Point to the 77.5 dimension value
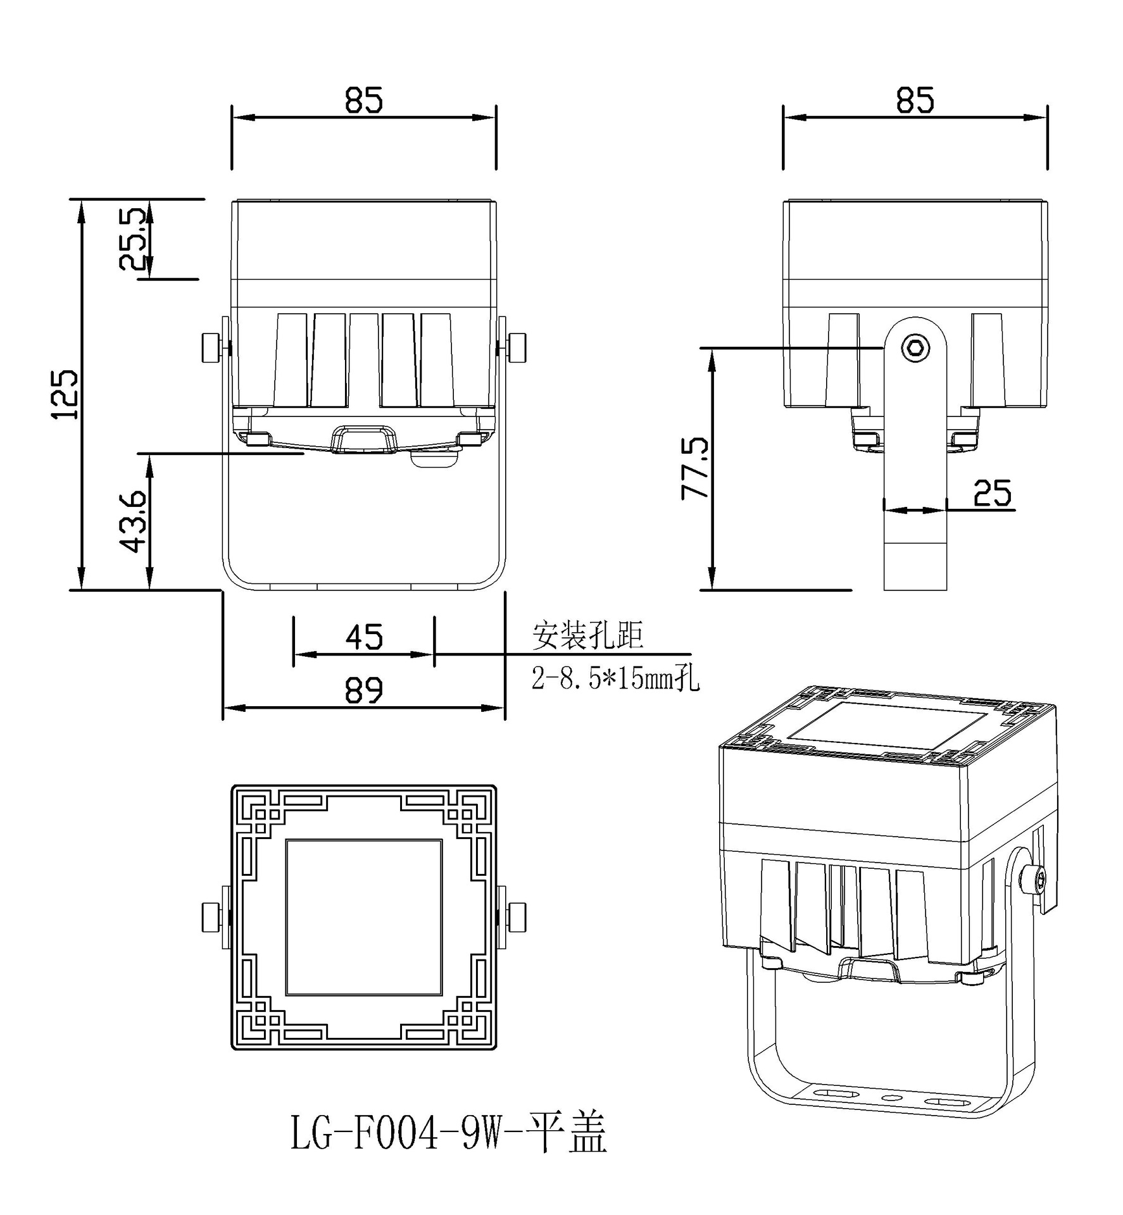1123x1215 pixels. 696,468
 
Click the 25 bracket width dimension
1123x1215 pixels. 992,493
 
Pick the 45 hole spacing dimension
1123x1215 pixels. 364,637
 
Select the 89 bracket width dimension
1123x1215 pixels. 364,690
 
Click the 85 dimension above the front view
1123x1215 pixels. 364,100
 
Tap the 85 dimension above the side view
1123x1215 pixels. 915,100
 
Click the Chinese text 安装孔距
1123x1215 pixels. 587,635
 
